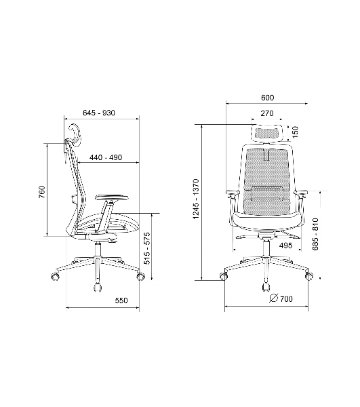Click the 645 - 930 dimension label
coord(99,113)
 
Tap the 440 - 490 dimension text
coord(106,157)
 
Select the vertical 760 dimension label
coord(42,192)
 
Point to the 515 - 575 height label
coord(147,248)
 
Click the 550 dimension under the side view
coord(121,301)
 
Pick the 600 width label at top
coord(267,98)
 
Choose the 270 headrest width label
coord(267,113)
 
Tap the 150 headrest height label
coord(295,132)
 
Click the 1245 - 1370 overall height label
coord(196,199)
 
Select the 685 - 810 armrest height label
coord(315,235)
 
